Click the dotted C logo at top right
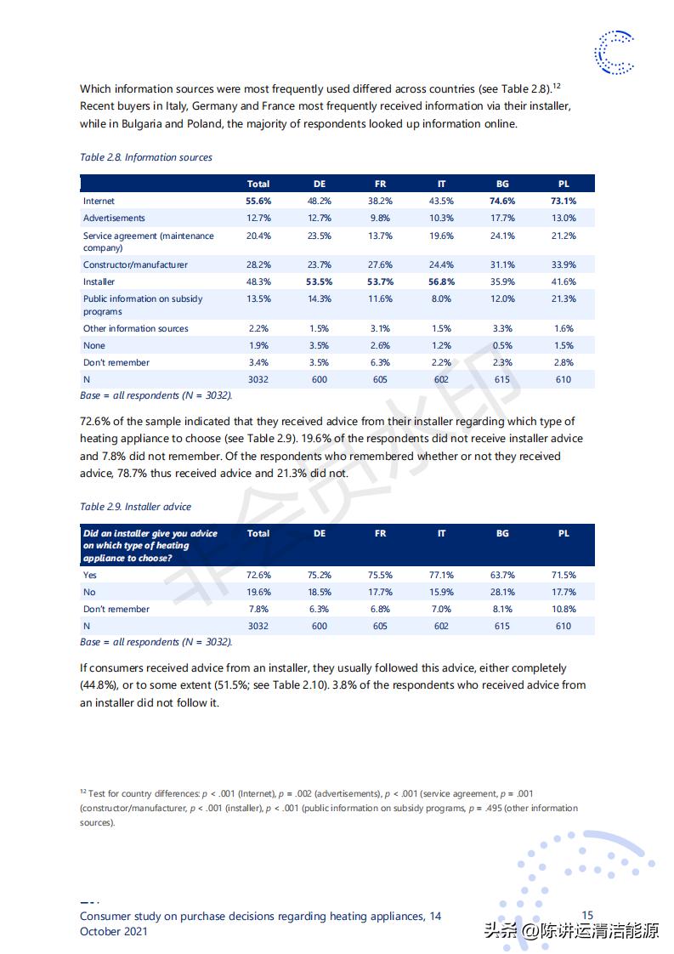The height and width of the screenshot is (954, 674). (x=615, y=53)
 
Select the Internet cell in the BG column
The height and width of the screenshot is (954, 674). (x=502, y=202)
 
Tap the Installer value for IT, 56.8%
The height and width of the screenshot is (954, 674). (x=441, y=281)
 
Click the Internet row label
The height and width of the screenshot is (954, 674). (x=99, y=202)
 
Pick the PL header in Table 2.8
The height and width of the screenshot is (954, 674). (x=564, y=184)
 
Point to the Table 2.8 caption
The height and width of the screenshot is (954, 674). (x=146, y=157)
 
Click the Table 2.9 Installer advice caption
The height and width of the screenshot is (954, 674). (x=136, y=507)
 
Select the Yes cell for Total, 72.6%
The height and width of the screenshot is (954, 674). (x=258, y=576)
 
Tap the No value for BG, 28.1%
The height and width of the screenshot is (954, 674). (x=502, y=593)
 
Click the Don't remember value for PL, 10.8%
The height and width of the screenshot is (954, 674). (x=564, y=610)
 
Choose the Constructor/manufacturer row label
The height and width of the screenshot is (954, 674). (x=135, y=264)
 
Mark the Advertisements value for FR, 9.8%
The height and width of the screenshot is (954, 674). (x=380, y=219)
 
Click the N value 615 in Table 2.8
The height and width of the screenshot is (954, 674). (x=502, y=379)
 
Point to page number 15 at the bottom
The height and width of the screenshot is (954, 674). (x=587, y=916)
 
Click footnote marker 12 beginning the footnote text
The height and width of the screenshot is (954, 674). (x=83, y=792)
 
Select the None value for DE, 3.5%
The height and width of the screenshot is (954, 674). (x=320, y=346)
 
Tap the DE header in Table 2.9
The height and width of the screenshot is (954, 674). (x=320, y=534)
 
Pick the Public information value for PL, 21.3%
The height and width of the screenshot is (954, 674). (x=564, y=299)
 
